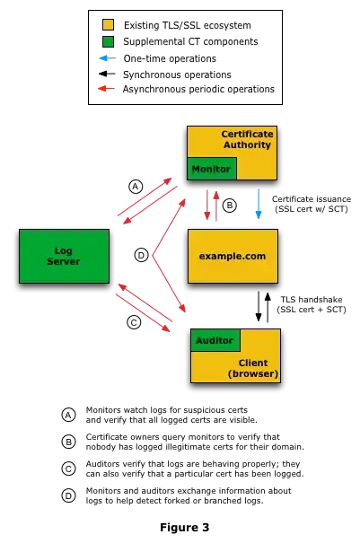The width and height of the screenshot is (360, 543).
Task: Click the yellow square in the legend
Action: click(x=108, y=25)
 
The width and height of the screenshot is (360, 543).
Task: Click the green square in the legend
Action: click(x=108, y=41)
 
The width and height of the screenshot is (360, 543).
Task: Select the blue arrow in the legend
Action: click(x=106, y=57)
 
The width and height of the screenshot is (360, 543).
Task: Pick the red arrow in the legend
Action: click(x=103, y=88)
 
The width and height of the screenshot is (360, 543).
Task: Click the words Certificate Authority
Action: click(x=247, y=139)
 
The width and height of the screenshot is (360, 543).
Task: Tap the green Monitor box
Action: click(x=211, y=169)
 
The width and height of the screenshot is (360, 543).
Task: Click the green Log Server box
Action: click(x=64, y=256)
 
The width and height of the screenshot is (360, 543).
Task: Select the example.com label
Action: click(x=233, y=256)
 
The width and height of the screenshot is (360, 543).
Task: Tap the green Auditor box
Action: click(x=215, y=340)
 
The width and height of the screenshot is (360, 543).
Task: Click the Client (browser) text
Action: click(x=252, y=368)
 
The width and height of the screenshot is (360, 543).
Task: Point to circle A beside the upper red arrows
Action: click(x=136, y=187)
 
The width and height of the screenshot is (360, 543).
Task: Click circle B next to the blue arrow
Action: click(x=229, y=206)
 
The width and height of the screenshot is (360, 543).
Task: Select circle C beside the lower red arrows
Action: click(x=134, y=322)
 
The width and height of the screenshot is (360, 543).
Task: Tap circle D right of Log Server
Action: click(x=141, y=256)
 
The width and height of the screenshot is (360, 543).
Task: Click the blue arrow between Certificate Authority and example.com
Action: click(x=259, y=204)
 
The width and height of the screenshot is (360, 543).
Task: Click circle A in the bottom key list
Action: click(x=68, y=415)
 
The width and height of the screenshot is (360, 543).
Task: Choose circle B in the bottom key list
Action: click(x=68, y=442)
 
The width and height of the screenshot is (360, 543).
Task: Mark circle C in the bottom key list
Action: click(x=68, y=469)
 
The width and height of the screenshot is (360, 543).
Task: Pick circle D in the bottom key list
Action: click(x=68, y=495)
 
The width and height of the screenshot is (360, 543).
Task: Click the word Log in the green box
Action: click(x=64, y=250)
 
